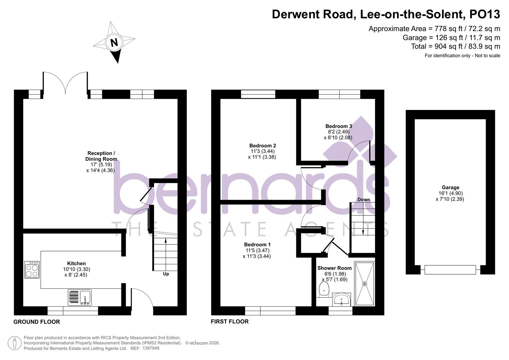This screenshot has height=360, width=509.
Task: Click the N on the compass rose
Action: tap(114, 43)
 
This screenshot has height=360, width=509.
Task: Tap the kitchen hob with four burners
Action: tap(32, 270)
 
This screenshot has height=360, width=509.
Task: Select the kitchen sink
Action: tap(80, 297)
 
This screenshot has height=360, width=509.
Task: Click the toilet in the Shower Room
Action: tap(324, 289)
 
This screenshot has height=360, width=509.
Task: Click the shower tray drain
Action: tap(364, 284)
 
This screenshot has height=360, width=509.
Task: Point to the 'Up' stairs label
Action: tap(166, 274)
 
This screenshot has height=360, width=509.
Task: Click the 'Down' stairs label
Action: tap(364, 200)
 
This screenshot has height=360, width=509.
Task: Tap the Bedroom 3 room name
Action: tap(339, 126)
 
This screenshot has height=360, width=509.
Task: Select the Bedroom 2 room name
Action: tap(263, 146)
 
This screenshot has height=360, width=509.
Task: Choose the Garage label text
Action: tap(450, 188)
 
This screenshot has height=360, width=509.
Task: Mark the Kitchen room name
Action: tap(76, 264)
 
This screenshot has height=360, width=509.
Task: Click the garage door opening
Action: tap(450, 270)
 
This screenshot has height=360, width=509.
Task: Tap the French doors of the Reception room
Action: tap(65, 83)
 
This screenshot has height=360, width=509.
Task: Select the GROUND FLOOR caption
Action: tap(37, 322)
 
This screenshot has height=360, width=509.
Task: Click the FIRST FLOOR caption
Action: tap(230, 322)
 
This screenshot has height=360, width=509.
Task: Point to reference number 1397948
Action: tap(151, 348)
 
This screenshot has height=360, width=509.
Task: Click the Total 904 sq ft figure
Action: tap(455, 46)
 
